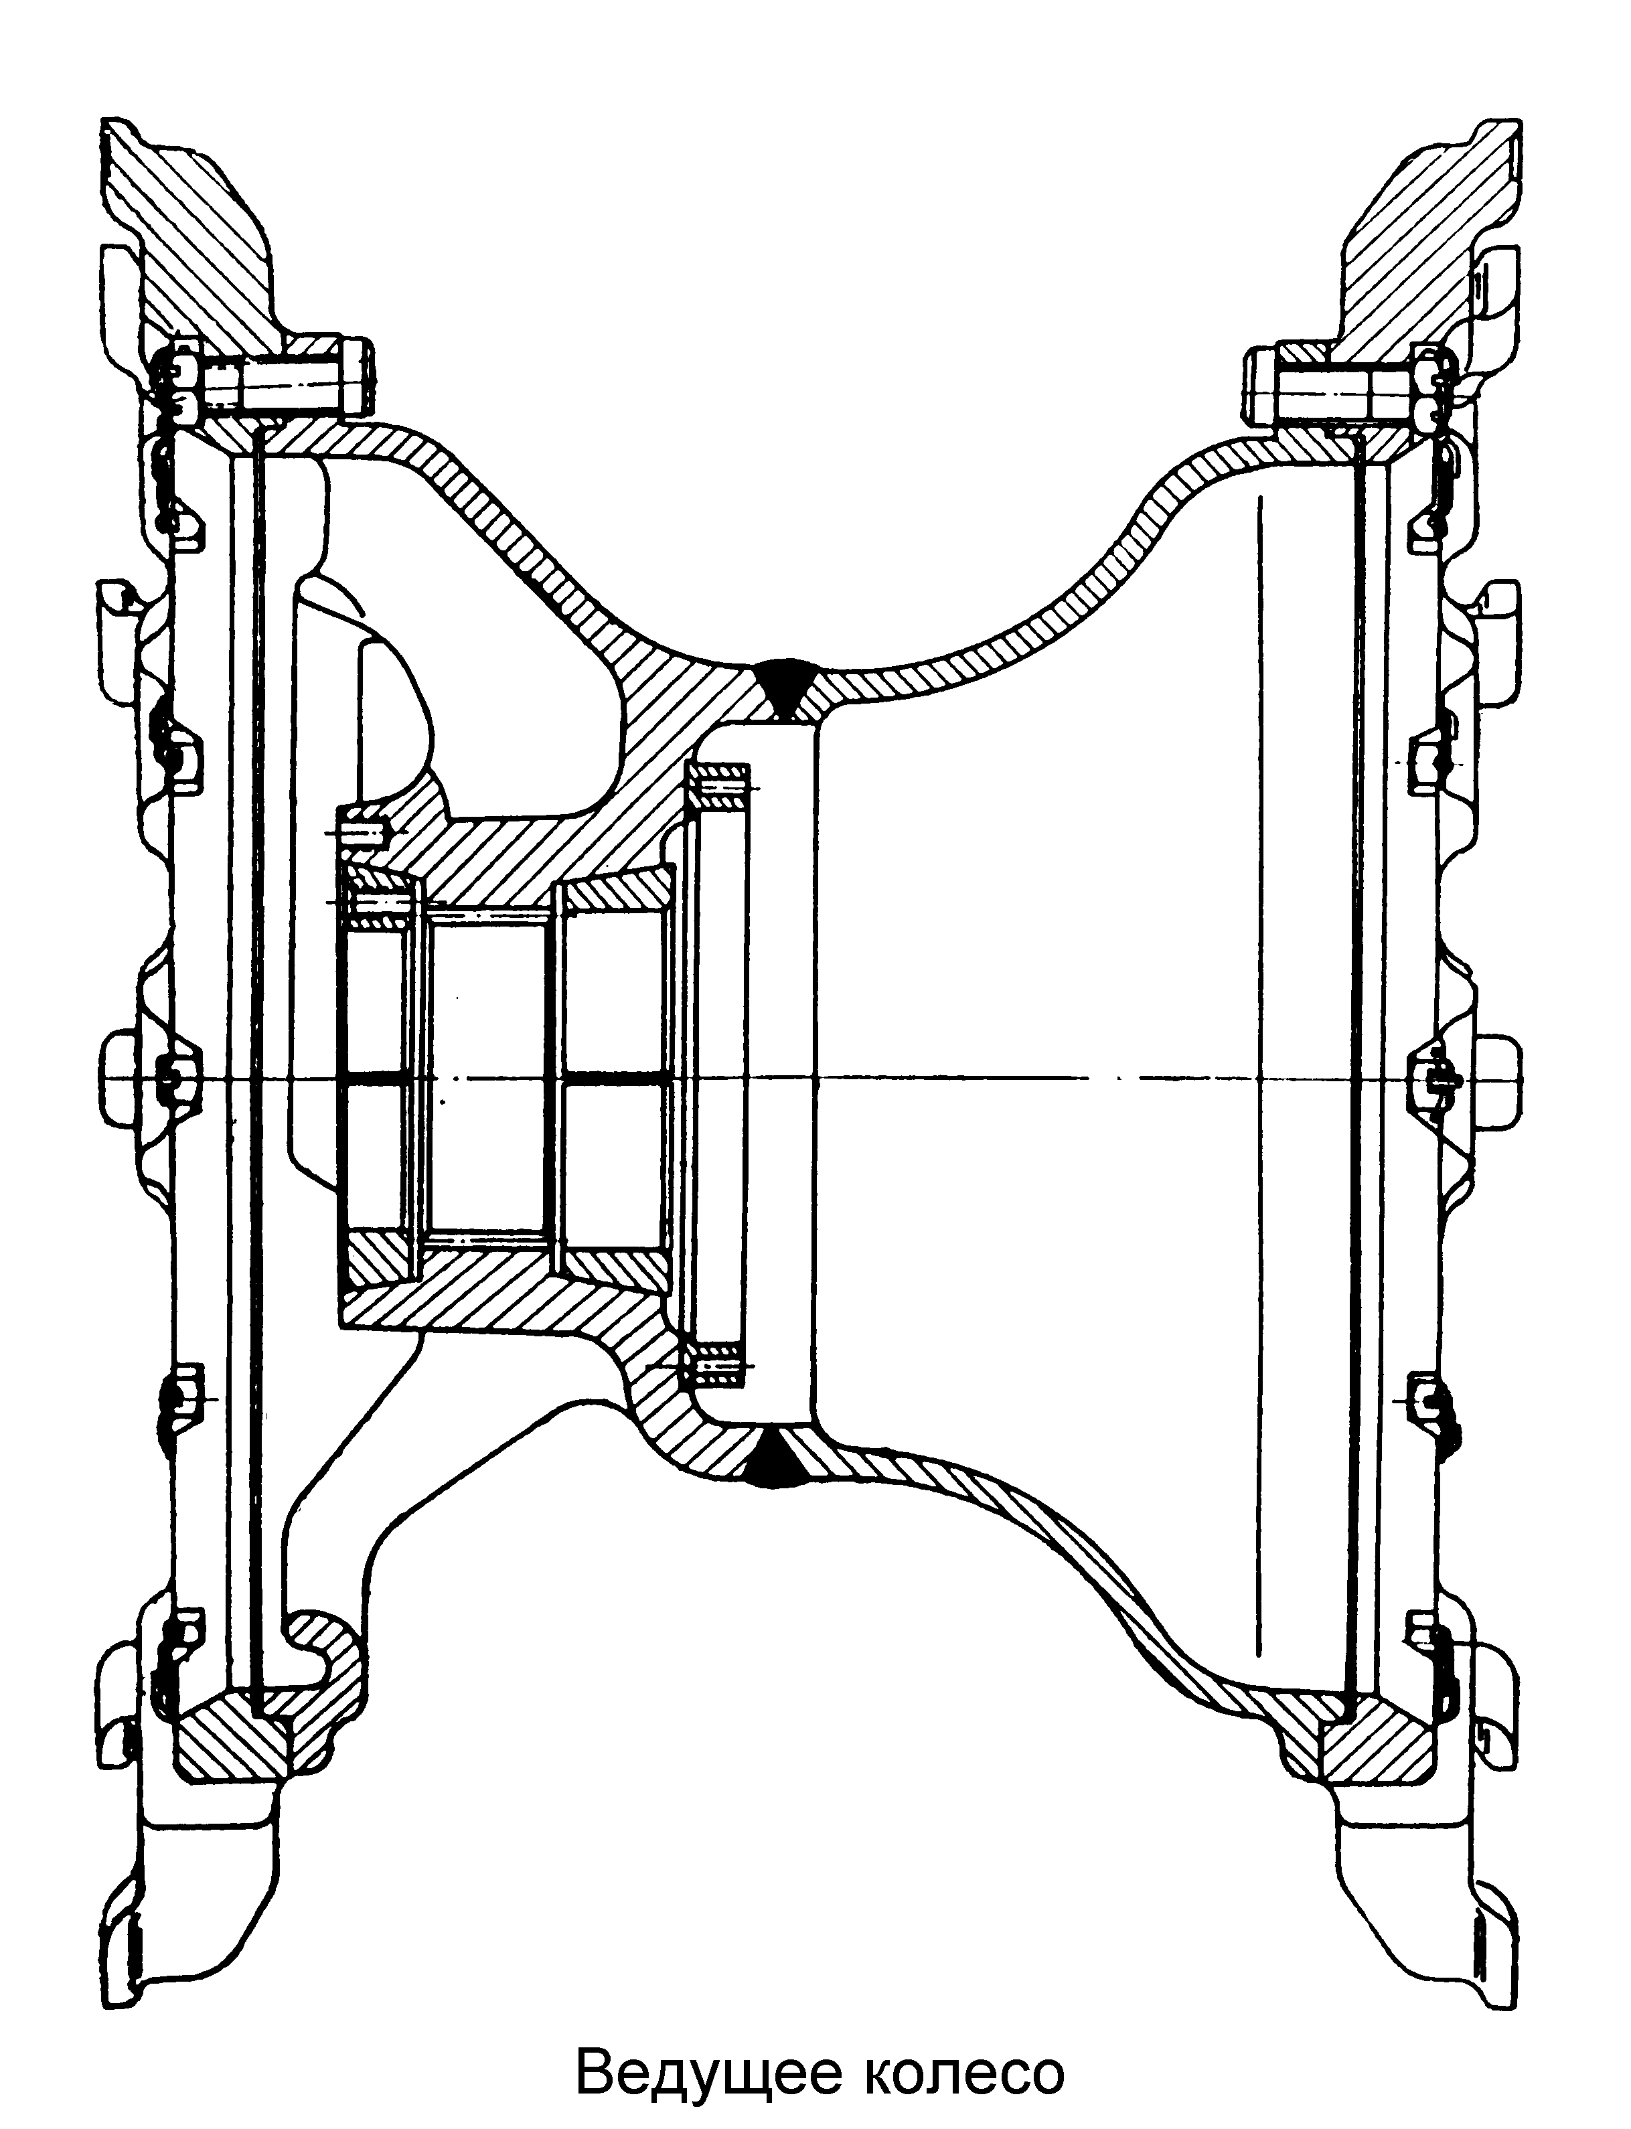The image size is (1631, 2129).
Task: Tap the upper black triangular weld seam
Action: point(785,686)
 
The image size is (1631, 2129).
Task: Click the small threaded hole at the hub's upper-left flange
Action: point(365,832)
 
